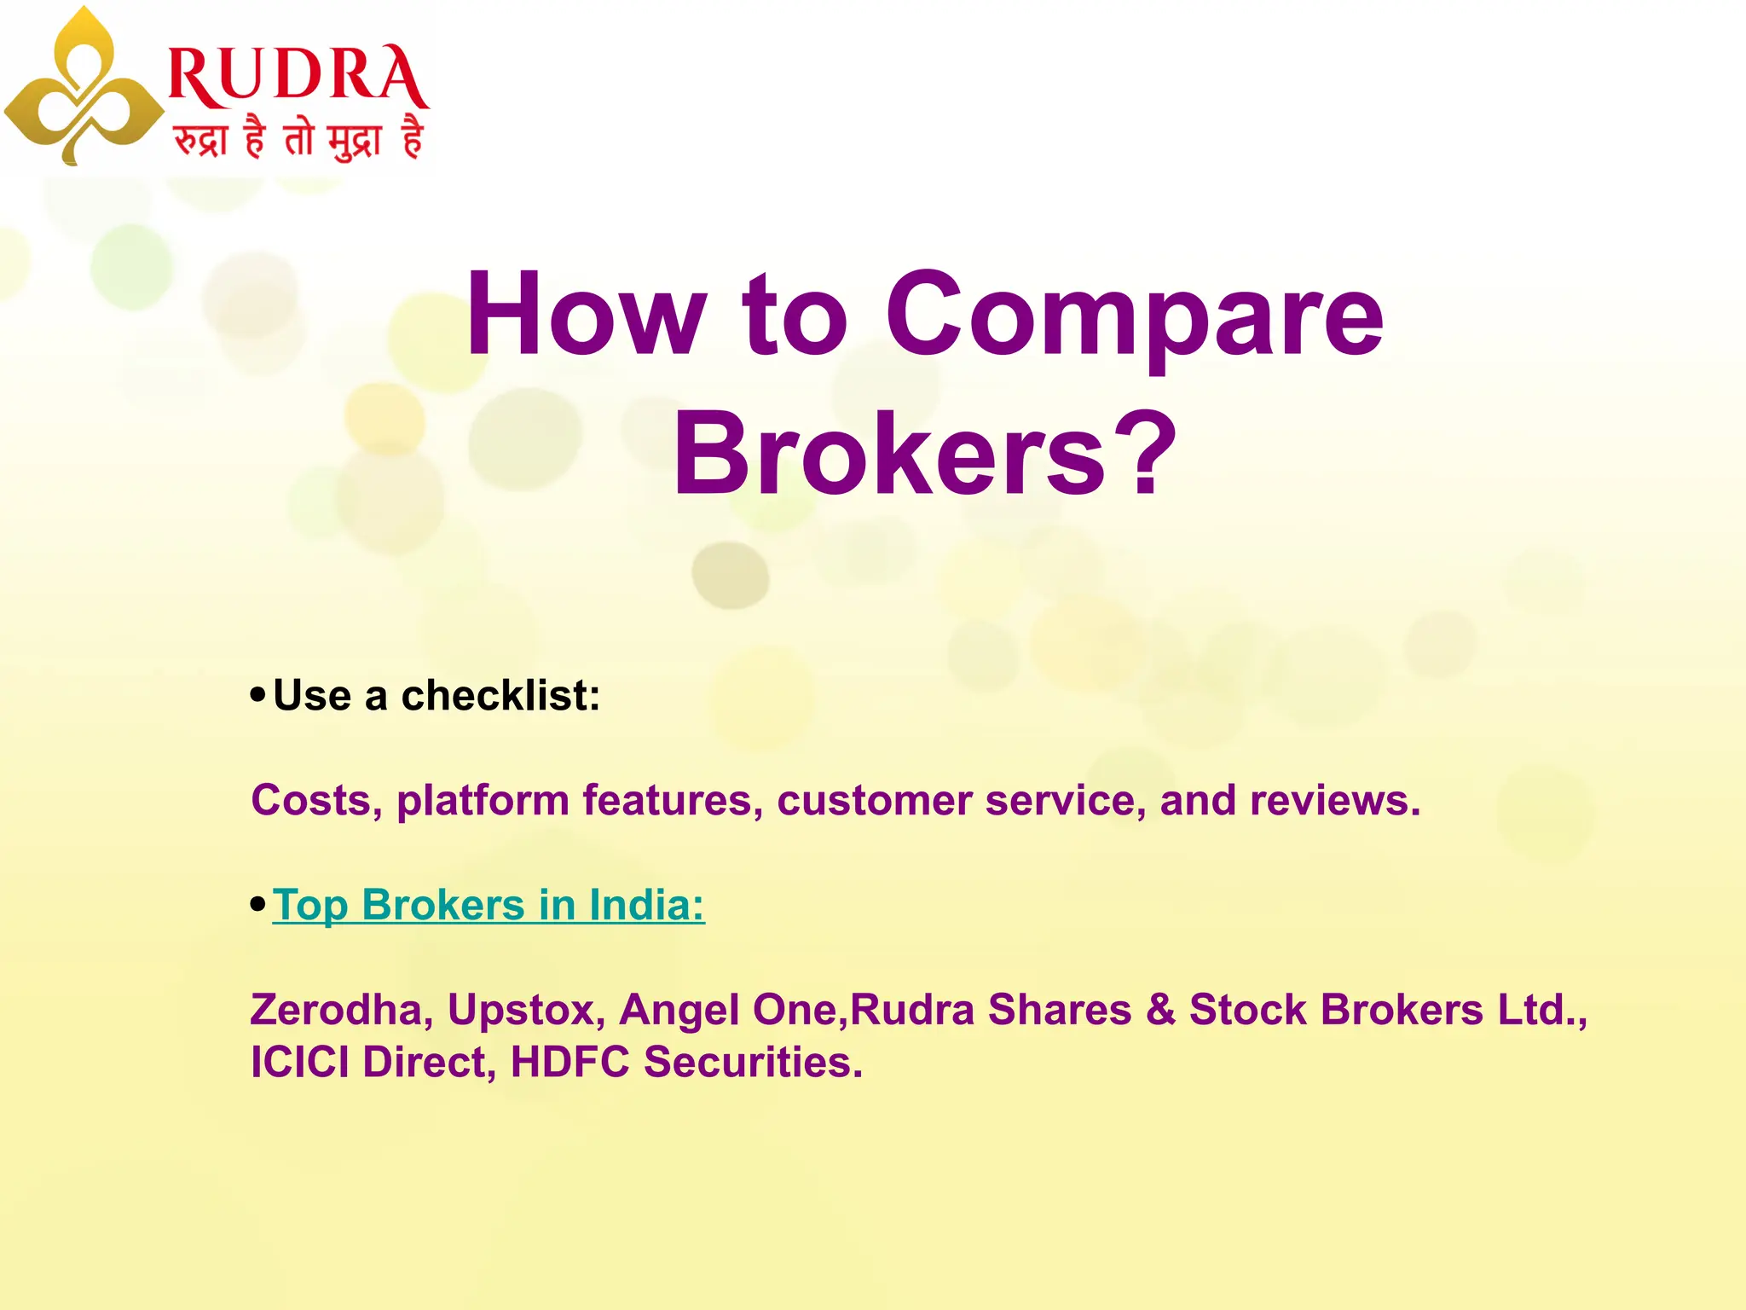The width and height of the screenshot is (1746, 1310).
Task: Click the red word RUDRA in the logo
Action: tap(298, 77)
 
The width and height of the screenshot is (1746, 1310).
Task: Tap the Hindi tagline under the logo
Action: tap(298, 138)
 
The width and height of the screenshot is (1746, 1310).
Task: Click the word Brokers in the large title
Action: tap(890, 452)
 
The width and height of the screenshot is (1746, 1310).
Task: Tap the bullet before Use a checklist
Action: tap(258, 694)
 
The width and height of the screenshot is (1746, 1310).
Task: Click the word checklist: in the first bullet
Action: tap(500, 696)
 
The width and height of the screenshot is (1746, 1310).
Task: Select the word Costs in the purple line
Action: tap(316, 801)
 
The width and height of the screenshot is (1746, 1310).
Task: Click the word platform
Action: tap(483, 801)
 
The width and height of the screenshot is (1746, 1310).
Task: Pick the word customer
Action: tap(874, 801)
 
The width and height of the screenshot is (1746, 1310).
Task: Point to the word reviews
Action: tap(1334, 801)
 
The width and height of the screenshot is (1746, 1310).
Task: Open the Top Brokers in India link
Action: tap(489, 905)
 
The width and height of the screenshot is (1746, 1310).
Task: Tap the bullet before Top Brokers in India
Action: tap(258, 904)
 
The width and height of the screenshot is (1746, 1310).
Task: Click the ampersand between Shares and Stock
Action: tap(1160, 1010)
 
